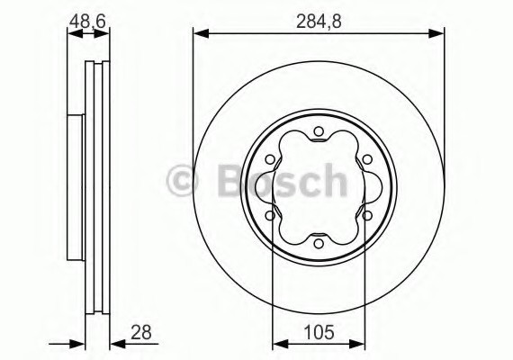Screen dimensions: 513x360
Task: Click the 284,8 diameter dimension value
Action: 319,22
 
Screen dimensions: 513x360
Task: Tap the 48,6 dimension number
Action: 87,22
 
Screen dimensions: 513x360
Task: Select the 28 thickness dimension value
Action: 141,332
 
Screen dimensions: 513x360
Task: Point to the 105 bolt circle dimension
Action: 319,332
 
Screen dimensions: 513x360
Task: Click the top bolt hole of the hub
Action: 319,131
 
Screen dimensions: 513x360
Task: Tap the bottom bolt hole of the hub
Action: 319,244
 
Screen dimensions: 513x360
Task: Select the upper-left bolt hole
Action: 270,159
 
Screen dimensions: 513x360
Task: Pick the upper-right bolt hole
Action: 367,159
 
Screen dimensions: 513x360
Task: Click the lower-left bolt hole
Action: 270,216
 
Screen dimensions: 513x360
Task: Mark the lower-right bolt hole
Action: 367,216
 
